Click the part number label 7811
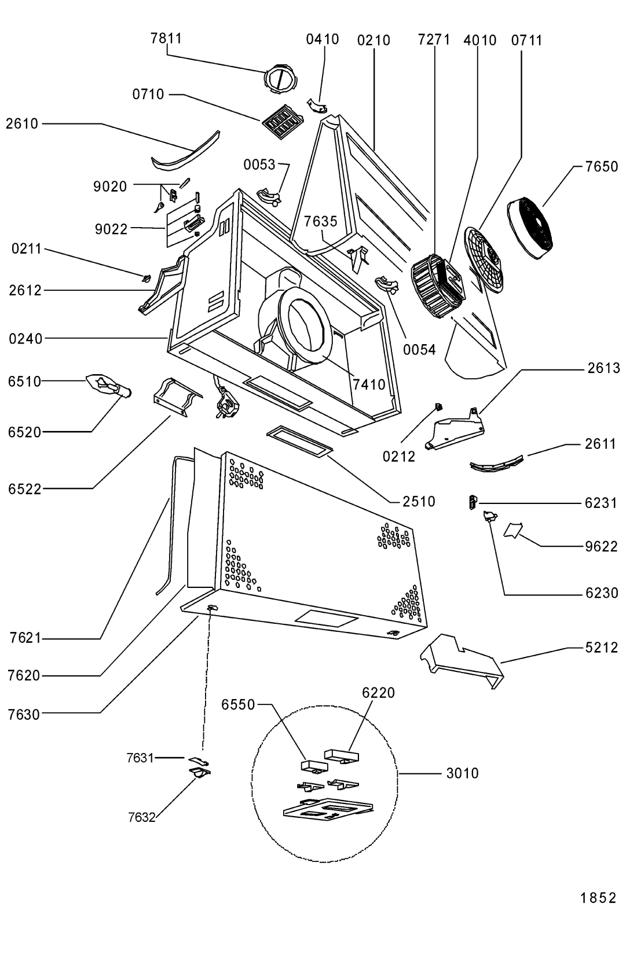coord(166,38)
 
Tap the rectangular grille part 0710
coord(282,123)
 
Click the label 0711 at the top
coord(526,41)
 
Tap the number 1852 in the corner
coord(599,898)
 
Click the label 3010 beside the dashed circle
coord(462,773)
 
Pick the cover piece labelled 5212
coord(462,660)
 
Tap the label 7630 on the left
coord(24,715)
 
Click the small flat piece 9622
coord(514,531)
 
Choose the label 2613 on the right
coord(603,368)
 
